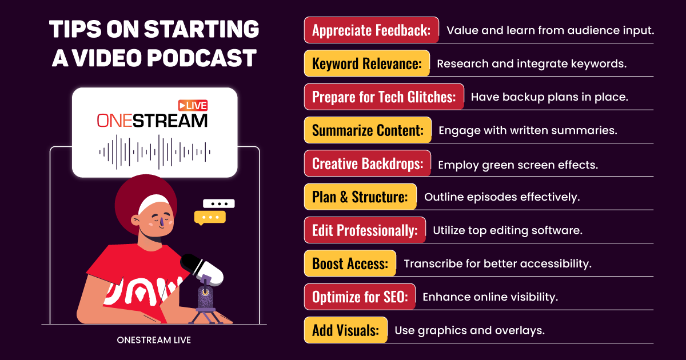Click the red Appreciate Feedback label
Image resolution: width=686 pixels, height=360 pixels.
pyautogui.click(x=372, y=30)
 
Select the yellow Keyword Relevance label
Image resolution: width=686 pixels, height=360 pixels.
pyautogui.click(x=367, y=63)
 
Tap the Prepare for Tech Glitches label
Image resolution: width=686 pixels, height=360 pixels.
pyautogui.click(x=384, y=97)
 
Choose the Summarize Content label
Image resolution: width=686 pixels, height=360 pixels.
pyautogui.click(x=368, y=130)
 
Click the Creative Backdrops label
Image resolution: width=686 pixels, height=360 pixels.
pyautogui.click(x=368, y=163)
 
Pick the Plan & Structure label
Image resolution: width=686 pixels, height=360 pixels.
pyautogui.click(x=361, y=197)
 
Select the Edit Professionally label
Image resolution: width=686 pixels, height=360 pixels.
pyautogui.click(x=365, y=230)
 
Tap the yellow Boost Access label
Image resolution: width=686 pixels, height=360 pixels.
pyautogui.click(x=350, y=263)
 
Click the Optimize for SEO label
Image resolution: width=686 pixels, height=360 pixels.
pyautogui.click(x=360, y=297)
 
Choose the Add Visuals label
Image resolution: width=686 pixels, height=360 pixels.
pyautogui.click(x=346, y=330)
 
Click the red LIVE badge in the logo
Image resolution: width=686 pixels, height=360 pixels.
pyautogui.click(x=193, y=106)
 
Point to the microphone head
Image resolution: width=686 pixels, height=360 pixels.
pyautogui.click(x=202, y=269)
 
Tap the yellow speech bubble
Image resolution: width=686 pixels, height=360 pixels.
pyautogui.click(x=210, y=218)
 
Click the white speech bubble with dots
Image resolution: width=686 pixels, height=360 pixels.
pyautogui.click(x=218, y=203)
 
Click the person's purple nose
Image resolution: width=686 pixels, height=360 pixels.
pyautogui.click(x=162, y=222)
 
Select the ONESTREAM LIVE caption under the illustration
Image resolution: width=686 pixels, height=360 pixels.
pyautogui.click(x=154, y=340)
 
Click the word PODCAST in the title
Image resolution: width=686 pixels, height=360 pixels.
pyautogui.click(x=202, y=58)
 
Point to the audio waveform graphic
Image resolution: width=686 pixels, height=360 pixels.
pyautogui.click(x=155, y=152)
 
